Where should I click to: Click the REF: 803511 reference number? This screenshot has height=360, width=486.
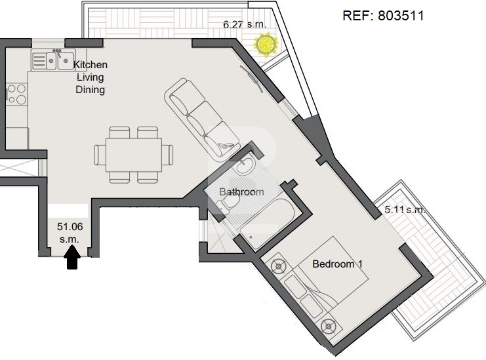pos(383,16)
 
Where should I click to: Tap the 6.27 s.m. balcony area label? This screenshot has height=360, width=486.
pos(245,24)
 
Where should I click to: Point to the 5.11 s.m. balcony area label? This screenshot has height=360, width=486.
pos(405,210)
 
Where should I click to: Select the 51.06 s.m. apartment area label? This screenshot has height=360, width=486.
pos(70,233)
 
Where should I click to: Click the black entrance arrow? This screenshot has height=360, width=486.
pos(72,257)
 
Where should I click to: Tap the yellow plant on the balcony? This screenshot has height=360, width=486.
pos(266,45)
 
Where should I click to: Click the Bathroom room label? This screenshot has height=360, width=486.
pos(241,191)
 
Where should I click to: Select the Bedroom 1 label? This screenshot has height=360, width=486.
pos(337,264)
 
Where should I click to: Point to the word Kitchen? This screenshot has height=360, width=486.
pos(91,65)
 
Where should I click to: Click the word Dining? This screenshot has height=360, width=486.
pos(91,90)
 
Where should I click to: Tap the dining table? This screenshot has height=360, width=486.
pos(134,155)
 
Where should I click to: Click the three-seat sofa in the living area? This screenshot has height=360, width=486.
pos(203,119)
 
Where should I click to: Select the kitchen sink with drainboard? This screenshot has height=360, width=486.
pos(53,59)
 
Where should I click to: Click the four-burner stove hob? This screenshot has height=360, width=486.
pos(17,94)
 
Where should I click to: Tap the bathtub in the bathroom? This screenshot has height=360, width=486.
pos(267,224)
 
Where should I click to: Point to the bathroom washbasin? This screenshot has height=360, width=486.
pos(245,165)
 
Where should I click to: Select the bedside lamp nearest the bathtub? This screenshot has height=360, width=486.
pos(278,266)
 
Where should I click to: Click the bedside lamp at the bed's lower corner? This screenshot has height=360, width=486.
pos(329,327)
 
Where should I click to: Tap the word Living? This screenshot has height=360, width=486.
pos(91,77)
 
